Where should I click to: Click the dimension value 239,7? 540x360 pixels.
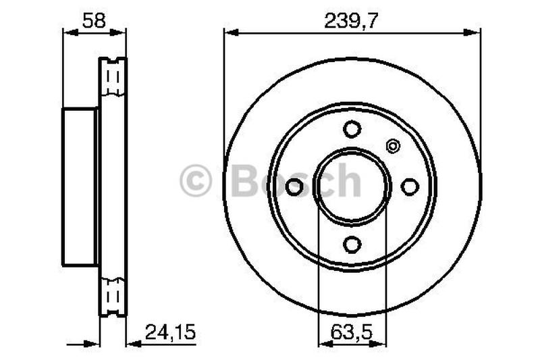[x=351, y=20]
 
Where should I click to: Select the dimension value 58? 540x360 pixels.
[x=94, y=20]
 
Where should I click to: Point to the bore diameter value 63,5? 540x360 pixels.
[x=352, y=332]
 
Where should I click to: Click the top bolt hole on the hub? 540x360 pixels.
[x=352, y=128]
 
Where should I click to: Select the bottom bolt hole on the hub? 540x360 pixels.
[x=352, y=244]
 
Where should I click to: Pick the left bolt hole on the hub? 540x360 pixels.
[x=294, y=187]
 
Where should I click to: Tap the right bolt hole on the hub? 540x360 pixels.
[x=410, y=187]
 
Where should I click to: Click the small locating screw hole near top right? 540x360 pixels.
[x=392, y=145]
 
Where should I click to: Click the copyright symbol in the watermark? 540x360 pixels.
[x=196, y=182]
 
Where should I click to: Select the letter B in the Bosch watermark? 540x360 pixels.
[x=244, y=181]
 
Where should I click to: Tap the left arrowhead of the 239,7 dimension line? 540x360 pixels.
[x=230, y=31]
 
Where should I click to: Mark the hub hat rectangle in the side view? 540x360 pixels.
[x=80, y=186]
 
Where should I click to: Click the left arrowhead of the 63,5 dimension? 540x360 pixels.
[x=323, y=343]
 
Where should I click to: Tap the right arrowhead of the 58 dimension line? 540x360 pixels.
[x=121, y=31]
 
